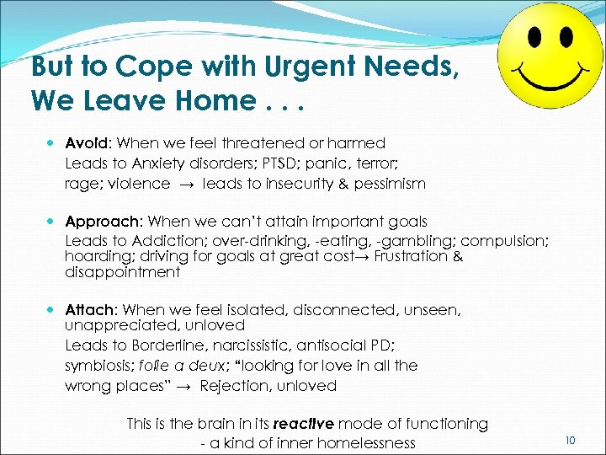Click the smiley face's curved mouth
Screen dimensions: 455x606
click(x=552, y=80)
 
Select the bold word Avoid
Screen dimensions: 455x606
click(x=86, y=143)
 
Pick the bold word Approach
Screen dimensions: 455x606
click(x=104, y=222)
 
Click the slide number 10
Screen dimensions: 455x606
click(x=570, y=440)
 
